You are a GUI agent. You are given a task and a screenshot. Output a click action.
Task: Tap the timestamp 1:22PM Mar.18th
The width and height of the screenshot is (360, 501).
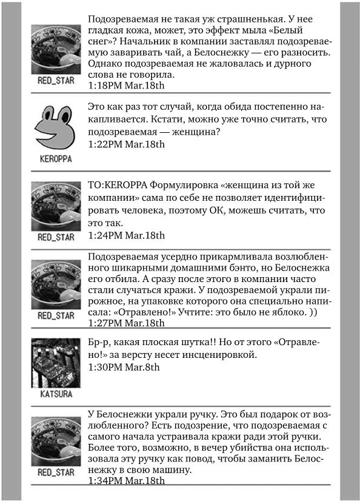coord(126,144)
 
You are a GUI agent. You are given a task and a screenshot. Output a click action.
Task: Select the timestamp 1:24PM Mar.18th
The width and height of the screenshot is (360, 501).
coord(126,235)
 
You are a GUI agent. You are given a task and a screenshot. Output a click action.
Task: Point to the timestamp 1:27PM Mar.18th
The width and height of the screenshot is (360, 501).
coord(126,323)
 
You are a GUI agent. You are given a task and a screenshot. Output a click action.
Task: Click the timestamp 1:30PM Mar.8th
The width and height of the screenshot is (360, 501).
coord(124,367)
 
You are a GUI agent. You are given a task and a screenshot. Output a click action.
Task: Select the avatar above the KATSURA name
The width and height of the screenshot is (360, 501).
coord(56,362)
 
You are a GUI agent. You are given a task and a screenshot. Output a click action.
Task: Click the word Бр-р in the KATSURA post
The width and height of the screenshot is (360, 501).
coord(99,341)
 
